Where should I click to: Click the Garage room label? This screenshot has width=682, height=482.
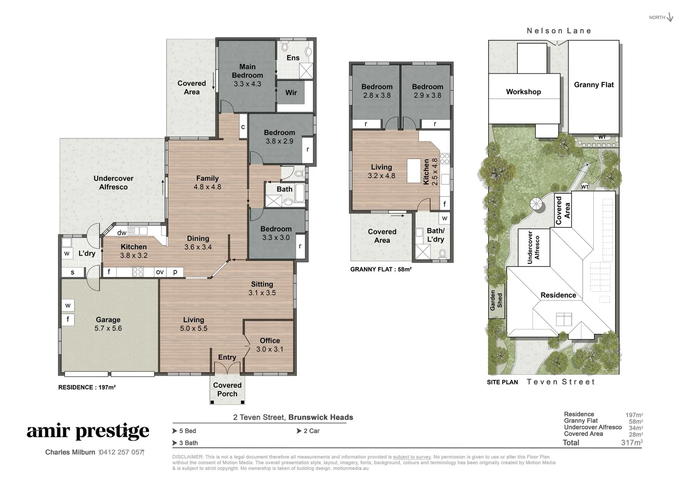pyautogui.click(x=108, y=324)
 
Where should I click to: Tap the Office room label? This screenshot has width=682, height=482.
pyautogui.click(x=270, y=345)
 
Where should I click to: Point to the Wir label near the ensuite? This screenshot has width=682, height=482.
pyautogui.click(x=291, y=92)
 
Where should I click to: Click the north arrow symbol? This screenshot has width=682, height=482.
pyautogui.click(x=670, y=18)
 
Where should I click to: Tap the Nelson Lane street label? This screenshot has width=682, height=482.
pyautogui.click(x=559, y=31)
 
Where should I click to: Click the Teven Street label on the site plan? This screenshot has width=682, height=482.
pyautogui.click(x=561, y=382)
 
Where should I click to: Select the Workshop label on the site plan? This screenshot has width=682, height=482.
pyautogui.click(x=524, y=91)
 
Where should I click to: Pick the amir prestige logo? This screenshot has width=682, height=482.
pyautogui.click(x=88, y=431)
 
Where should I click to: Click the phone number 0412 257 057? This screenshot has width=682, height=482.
pyautogui.click(x=121, y=452)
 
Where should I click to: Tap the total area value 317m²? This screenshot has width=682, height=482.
pyautogui.click(x=632, y=442)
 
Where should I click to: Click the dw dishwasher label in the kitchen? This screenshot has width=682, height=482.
pyautogui.click(x=121, y=233)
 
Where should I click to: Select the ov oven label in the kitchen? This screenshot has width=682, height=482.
pyautogui.click(x=160, y=271)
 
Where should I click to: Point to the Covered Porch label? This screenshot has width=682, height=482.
pyautogui.click(x=227, y=389)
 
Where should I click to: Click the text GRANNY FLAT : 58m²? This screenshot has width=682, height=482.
pyautogui.click(x=381, y=269)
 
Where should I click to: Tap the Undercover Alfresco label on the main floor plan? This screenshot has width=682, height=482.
pyautogui.click(x=113, y=183)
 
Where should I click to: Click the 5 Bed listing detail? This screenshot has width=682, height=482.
pyautogui.click(x=187, y=431)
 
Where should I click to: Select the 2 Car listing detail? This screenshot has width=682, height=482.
pyautogui.click(x=311, y=431)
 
